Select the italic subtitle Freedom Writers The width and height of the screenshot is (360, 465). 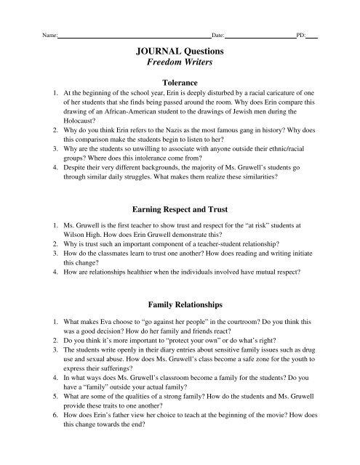tap(180, 65)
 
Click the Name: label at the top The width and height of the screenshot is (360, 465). tap(50, 35)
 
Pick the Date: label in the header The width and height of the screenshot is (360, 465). tap(217, 35)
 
